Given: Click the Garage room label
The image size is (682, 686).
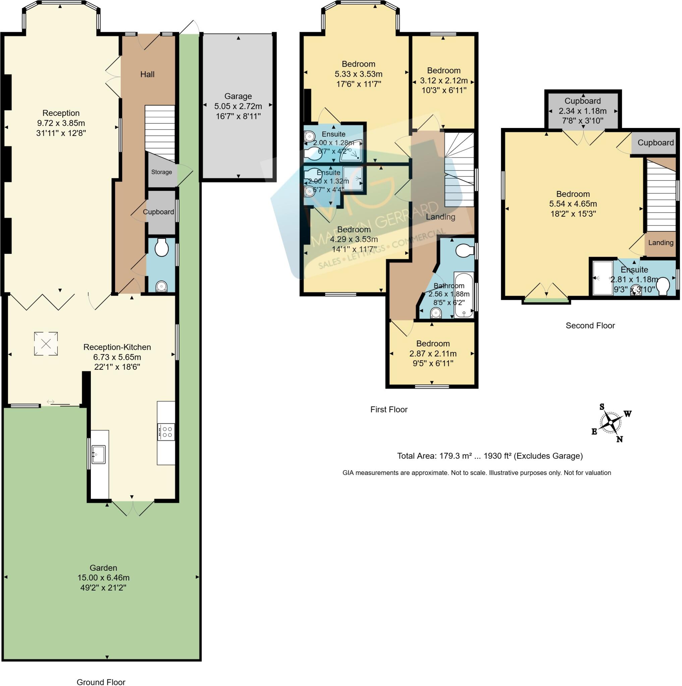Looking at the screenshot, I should coord(238,96).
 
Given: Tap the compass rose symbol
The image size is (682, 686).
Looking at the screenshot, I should coord(611,423).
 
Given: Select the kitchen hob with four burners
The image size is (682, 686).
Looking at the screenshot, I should coord(166,432).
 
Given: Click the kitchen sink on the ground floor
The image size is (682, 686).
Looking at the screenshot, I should coord(99,455).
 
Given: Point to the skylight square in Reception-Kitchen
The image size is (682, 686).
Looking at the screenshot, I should coord(46,343).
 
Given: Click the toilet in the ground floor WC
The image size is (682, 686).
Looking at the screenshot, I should coord(162,247).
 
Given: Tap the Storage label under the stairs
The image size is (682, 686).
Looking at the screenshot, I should coord(161,172).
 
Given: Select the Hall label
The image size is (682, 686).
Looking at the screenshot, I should coord(147,74).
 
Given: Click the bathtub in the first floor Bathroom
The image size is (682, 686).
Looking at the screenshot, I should coord(464,294).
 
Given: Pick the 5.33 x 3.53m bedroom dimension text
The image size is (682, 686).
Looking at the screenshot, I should coord(358,74).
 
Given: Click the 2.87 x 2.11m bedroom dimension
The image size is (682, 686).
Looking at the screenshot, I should coord(433,354).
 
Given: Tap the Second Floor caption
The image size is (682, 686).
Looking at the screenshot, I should coord(590,326).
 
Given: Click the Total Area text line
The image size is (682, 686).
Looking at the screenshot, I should coord(490,456).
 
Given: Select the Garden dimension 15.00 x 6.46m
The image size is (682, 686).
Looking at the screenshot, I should coord(103,578).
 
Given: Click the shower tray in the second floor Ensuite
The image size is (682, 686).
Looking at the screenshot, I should coord(603,278).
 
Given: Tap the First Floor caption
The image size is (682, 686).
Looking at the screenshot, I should coord(389,409).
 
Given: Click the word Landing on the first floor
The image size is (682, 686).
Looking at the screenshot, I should coord(440,217).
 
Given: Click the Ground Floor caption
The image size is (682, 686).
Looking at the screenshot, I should coord(101,682).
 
